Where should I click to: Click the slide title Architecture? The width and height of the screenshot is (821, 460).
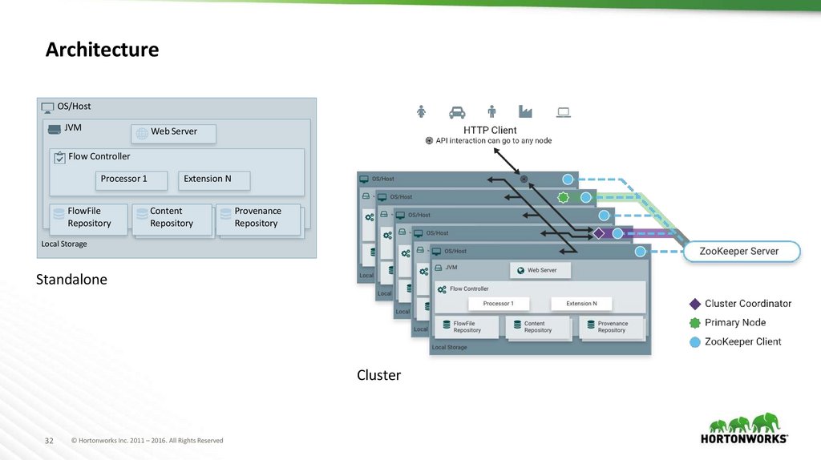pyautogui.click(x=102, y=50)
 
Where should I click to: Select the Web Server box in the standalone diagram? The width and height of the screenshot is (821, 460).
pyautogui.click(x=173, y=132)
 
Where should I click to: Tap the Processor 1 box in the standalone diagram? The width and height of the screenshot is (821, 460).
pyautogui.click(x=132, y=180)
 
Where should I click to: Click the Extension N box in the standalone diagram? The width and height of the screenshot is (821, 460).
pyautogui.click(x=214, y=180)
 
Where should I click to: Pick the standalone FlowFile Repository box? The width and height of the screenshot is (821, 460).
pyautogui.click(x=88, y=218)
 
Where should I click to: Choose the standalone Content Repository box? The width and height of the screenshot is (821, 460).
pyautogui.click(x=172, y=218)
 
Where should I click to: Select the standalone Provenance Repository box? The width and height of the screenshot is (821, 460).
pyautogui.click(x=257, y=218)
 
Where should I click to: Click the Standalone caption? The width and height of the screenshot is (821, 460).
pyautogui.click(x=71, y=280)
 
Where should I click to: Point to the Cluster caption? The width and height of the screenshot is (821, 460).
pyautogui.click(x=378, y=375)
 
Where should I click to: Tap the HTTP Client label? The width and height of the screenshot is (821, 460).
pyautogui.click(x=490, y=130)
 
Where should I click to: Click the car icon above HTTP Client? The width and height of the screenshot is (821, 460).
pyautogui.click(x=457, y=112)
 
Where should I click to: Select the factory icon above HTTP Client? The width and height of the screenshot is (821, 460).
pyautogui.click(x=526, y=112)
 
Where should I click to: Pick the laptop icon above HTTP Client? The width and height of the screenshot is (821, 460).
pyautogui.click(x=564, y=112)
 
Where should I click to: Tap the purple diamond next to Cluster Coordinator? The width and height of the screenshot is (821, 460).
pyautogui.click(x=695, y=304)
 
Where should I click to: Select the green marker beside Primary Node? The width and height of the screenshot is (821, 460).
pyautogui.click(x=695, y=323)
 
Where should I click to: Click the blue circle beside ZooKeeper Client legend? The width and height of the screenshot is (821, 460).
pyautogui.click(x=695, y=342)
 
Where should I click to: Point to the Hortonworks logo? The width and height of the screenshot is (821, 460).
pyautogui.click(x=744, y=429)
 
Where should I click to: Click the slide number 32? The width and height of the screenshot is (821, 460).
pyautogui.click(x=48, y=441)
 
